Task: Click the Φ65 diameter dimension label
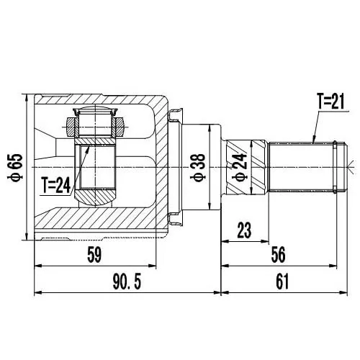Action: (16, 167)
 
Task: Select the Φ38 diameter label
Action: (198, 167)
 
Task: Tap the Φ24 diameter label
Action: (240, 167)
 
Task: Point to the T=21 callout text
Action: (330, 102)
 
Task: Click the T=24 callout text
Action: (56, 185)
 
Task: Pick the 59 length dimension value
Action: (94, 255)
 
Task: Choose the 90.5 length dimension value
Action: (127, 282)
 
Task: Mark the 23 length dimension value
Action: (244, 230)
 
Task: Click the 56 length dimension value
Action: (279, 255)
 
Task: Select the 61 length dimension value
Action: (282, 282)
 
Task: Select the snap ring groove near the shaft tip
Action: (335, 167)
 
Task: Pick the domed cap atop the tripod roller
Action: (95, 111)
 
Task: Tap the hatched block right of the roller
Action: (120, 127)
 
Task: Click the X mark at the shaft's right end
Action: (351, 167)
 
